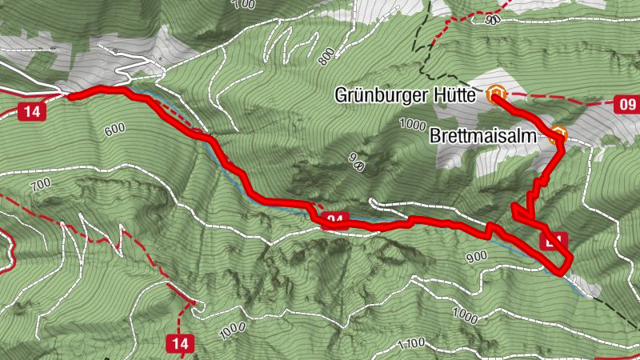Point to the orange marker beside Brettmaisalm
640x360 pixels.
(558, 136)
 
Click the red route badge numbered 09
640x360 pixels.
(626, 104)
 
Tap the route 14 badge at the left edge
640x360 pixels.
(31, 111)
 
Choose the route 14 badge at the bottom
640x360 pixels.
(180, 344)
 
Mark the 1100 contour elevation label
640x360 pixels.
(410, 344)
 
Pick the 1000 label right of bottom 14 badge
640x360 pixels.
(230, 330)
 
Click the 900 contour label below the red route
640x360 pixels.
(475, 255)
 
